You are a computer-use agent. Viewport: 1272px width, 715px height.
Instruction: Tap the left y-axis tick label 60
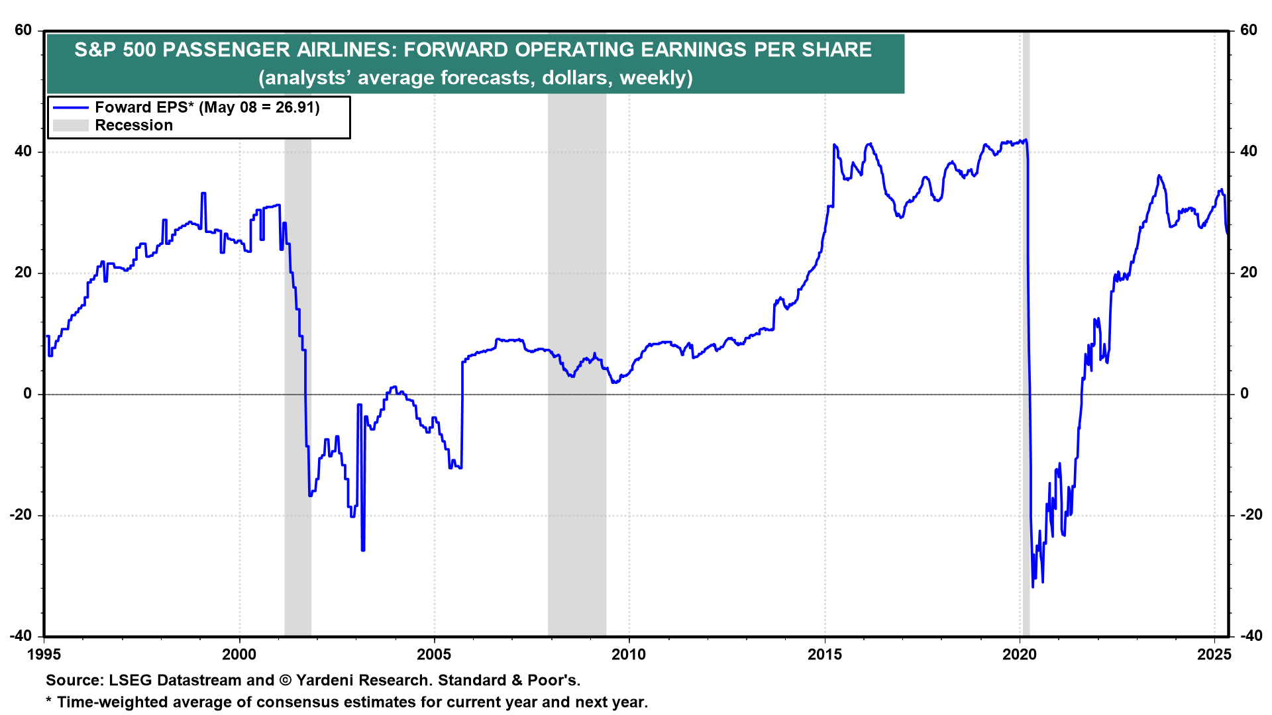24,30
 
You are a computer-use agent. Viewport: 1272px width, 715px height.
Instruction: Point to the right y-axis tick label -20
1248,515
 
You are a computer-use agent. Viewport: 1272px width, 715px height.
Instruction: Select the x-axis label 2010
629,655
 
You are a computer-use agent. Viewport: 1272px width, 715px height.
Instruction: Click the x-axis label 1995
44,655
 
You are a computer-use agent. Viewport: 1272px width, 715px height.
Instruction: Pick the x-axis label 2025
1214,655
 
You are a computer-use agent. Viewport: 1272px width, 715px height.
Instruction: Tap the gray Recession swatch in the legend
70,126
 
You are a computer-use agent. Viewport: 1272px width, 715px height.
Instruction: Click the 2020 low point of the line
1032,587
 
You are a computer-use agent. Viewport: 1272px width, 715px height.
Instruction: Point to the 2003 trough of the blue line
363,549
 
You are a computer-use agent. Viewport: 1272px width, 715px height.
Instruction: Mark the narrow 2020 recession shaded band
1026,331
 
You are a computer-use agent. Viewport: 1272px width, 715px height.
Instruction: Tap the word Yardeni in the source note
325,681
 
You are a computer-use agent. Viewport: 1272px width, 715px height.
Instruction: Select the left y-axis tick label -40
21,636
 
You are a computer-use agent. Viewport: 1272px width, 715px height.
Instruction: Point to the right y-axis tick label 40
1248,152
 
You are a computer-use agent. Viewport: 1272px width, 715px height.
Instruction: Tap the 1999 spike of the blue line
203,193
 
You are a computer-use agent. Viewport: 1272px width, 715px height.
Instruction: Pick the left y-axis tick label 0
28,394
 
